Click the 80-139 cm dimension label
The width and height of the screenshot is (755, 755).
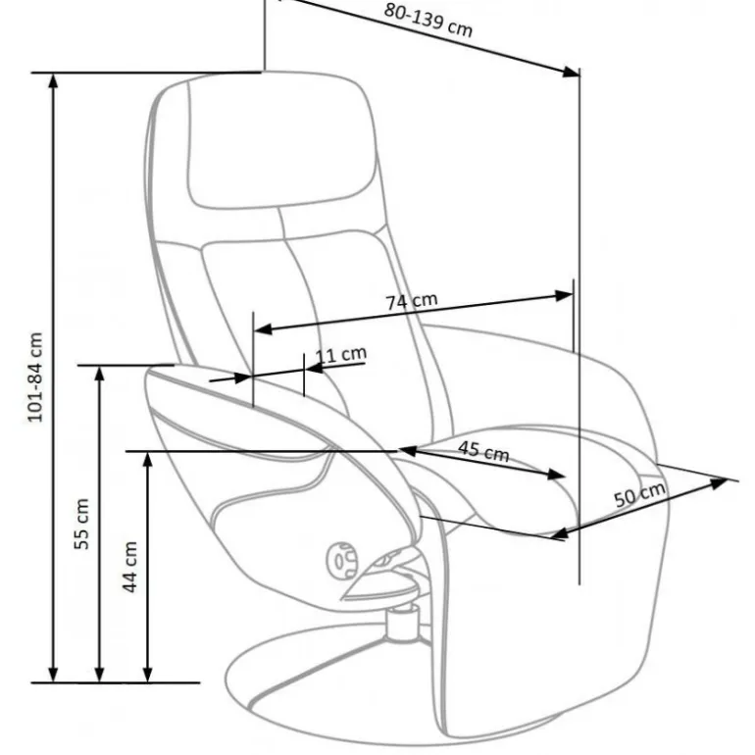tap(428, 19)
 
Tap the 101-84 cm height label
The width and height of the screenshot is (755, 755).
tap(35, 377)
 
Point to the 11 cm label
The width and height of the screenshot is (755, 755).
tap(341, 355)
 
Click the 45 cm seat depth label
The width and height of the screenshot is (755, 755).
tap(483, 452)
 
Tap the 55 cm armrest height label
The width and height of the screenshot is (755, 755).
tap(83, 524)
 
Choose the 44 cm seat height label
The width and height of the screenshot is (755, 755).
tap(128, 567)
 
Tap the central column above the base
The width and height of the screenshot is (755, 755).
tap(401, 625)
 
